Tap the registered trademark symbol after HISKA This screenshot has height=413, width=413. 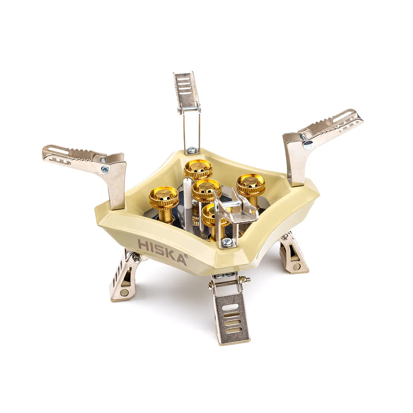point(185,256)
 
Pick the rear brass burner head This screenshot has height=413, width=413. point(198,169)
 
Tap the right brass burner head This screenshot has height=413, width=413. point(250,184)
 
